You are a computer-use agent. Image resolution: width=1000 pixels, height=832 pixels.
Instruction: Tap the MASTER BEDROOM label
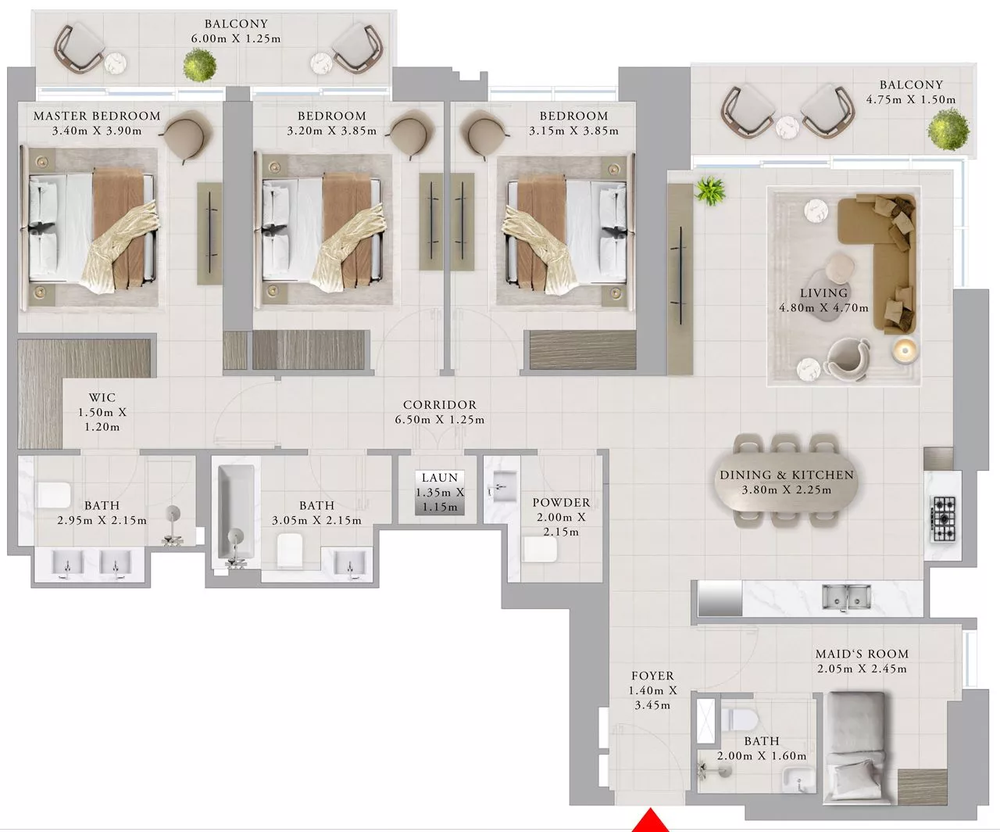click(97, 116)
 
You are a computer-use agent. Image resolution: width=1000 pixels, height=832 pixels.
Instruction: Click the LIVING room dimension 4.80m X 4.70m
click(823, 307)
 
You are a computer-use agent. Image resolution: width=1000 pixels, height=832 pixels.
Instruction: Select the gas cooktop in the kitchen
click(944, 518)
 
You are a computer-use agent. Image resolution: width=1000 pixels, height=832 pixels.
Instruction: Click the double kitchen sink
click(846, 597)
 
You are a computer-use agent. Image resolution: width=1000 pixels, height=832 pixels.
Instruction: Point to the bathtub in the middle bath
click(236, 512)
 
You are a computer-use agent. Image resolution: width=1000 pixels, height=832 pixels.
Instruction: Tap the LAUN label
click(440, 477)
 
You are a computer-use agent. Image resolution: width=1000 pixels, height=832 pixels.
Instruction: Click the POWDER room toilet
click(540, 549)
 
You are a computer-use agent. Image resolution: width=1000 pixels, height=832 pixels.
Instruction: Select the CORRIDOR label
click(440, 404)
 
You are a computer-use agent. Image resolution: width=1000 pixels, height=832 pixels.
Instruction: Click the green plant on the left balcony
click(200, 64)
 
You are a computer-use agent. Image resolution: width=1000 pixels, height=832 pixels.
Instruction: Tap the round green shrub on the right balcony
click(948, 128)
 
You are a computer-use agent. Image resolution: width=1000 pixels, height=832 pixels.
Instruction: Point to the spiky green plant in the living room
click(710, 191)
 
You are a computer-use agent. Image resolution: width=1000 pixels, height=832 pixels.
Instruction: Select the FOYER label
click(652, 676)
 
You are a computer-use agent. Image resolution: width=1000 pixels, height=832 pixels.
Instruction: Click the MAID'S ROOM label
click(862, 654)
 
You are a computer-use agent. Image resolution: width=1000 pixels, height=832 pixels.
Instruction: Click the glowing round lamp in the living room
click(905, 350)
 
